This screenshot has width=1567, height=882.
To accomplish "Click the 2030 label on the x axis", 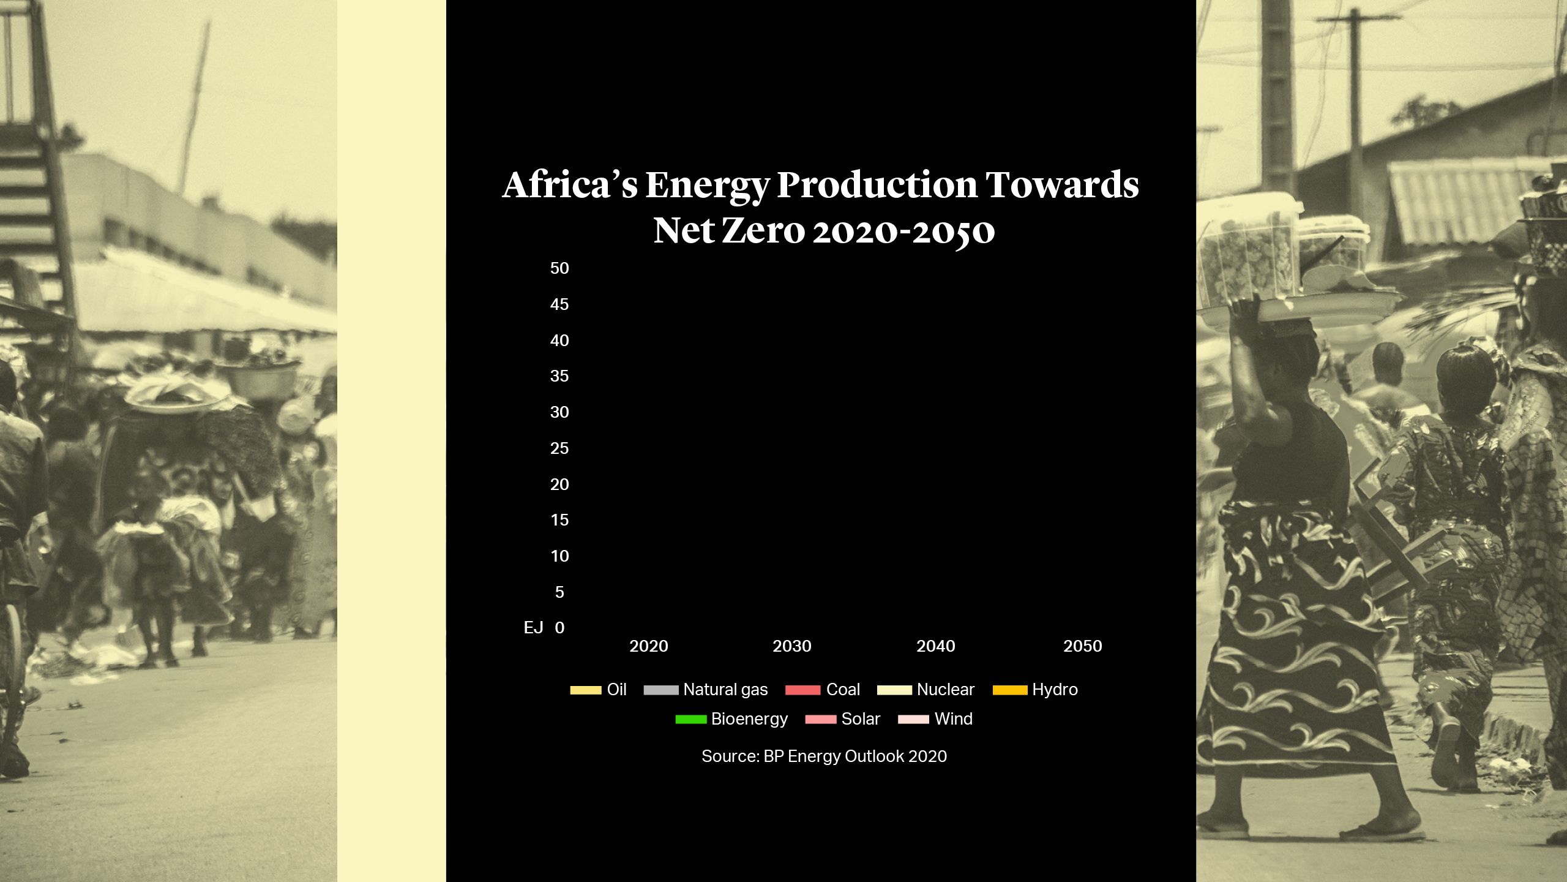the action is [791, 646].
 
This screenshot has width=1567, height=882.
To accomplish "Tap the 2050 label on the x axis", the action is [1082, 646].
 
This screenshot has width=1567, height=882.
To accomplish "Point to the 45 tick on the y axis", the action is [559, 304].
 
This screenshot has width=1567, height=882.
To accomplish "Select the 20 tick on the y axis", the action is [559, 484].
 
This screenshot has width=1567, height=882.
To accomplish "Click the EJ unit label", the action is [533, 628].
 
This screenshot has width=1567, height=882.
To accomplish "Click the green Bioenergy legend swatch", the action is [690, 720].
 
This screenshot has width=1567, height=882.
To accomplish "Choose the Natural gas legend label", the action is [725, 690].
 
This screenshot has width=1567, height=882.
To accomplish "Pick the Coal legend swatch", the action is [802, 690].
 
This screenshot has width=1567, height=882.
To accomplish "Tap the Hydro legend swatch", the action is [1010, 690].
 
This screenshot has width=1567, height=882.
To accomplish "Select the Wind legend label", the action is [953, 719].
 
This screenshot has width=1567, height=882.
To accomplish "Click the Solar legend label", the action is [861, 719].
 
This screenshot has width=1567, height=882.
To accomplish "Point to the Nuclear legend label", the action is [945, 690].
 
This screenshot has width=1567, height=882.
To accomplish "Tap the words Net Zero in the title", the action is [728, 231].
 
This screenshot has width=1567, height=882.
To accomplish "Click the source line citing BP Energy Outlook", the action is [824, 756].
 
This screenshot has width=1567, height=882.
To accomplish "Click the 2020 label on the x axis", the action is [649, 646].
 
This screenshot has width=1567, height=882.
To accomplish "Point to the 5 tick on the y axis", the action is [559, 592].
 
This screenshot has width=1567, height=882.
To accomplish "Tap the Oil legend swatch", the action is [586, 690].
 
